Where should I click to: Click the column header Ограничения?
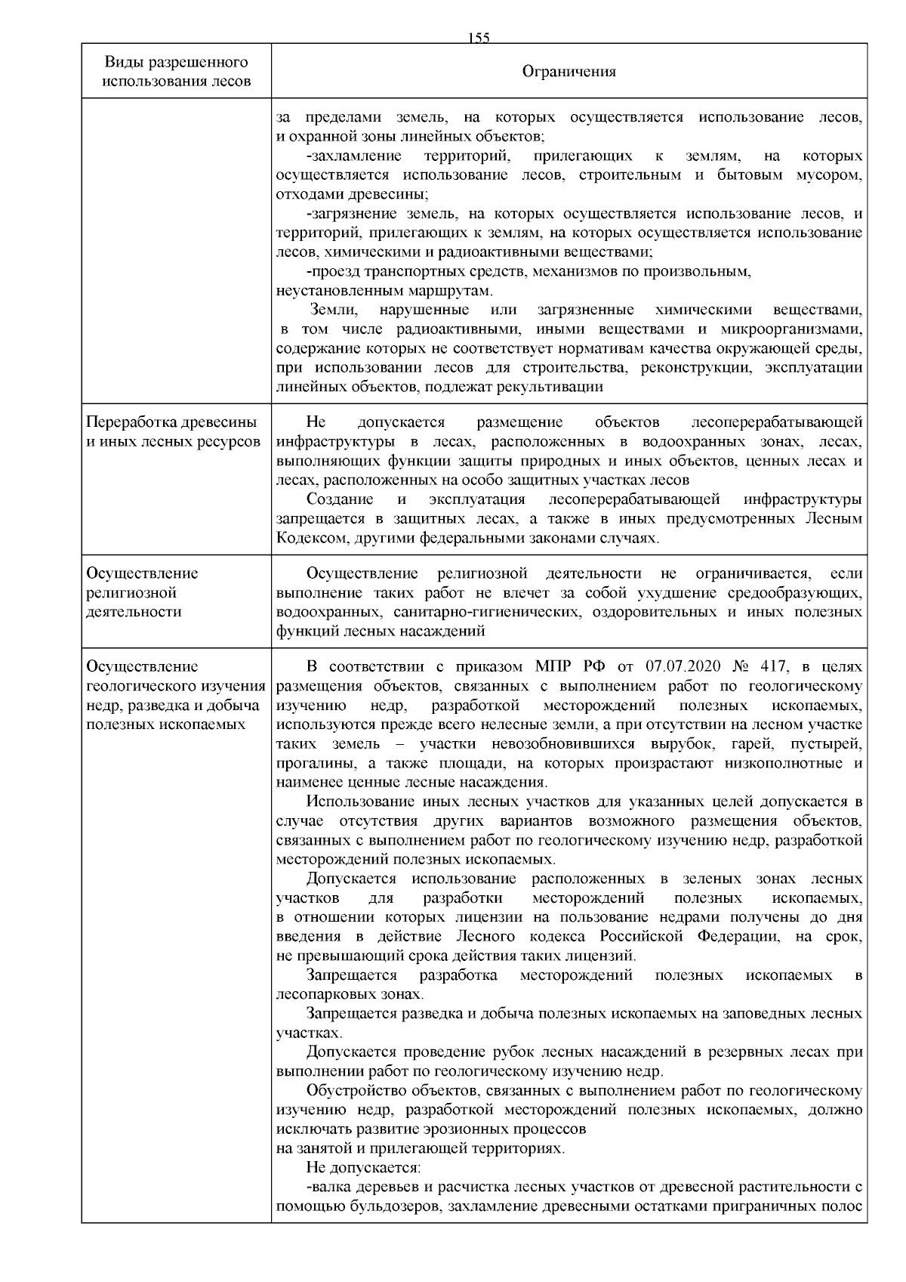coord(569,72)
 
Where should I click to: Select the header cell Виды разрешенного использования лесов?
coord(176,71)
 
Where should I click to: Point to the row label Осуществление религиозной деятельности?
coord(143,592)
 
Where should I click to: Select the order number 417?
coord(773,666)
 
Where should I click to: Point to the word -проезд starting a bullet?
coord(332,271)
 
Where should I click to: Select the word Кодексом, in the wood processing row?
coord(308,538)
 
